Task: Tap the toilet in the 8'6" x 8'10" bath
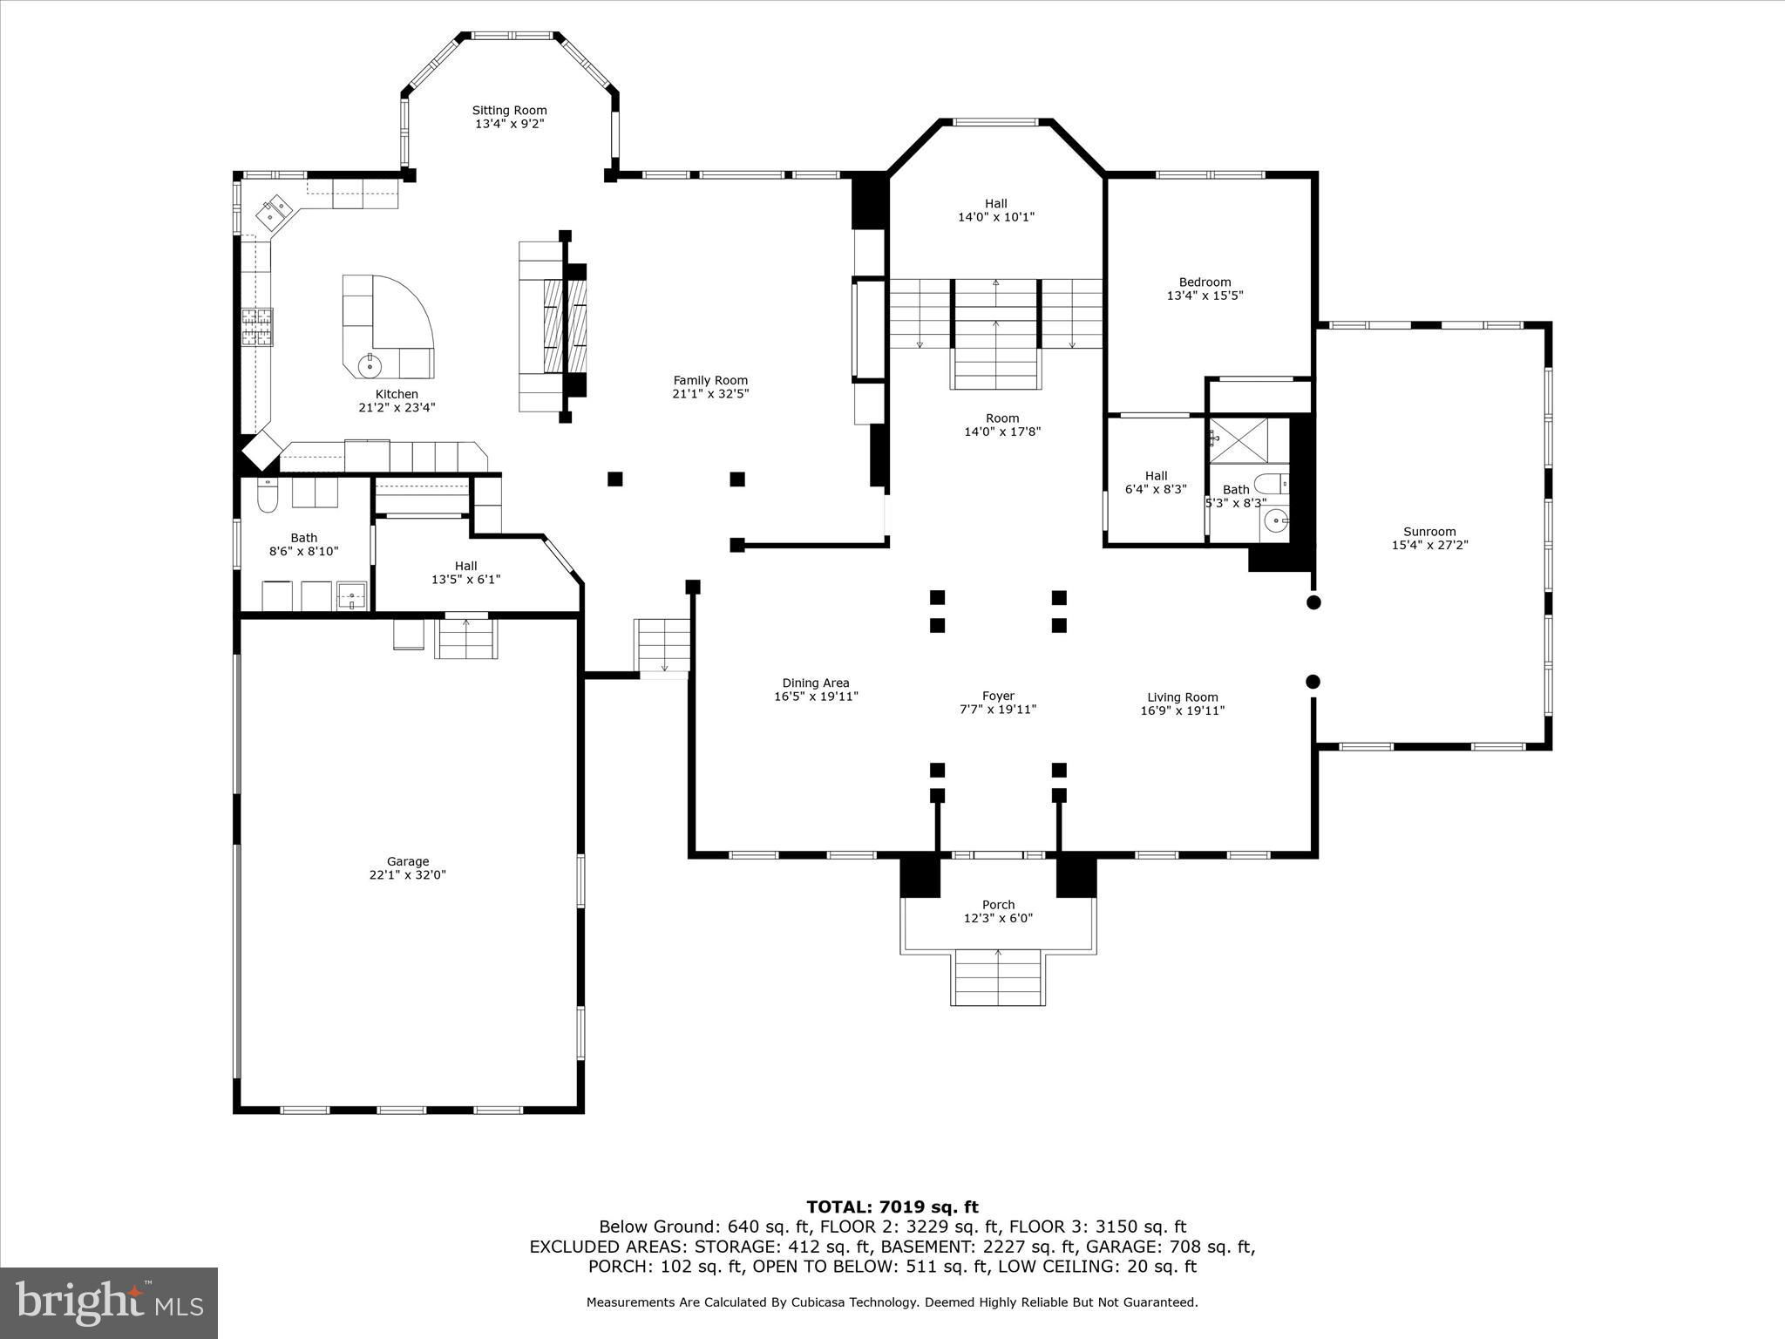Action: pyautogui.click(x=268, y=496)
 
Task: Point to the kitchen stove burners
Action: pyautogui.click(x=257, y=327)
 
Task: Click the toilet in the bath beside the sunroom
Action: pyautogui.click(x=1272, y=484)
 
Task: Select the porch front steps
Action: pyautogui.click(x=998, y=977)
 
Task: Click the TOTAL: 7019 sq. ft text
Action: pyautogui.click(x=892, y=1206)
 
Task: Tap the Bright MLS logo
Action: pyautogui.click(x=109, y=1302)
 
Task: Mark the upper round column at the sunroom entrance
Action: pyautogui.click(x=1313, y=602)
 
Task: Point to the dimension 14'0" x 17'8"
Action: pyautogui.click(x=1002, y=432)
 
